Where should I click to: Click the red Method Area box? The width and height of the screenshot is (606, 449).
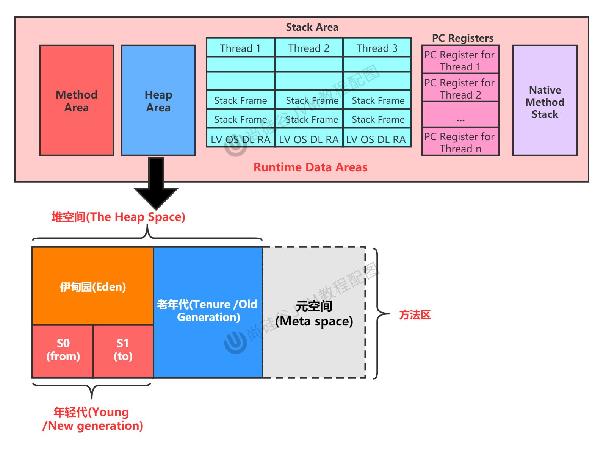77,100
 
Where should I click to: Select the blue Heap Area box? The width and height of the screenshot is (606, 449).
158,100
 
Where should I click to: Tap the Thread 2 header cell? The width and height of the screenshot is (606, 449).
308,48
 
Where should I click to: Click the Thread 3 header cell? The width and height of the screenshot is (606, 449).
377,48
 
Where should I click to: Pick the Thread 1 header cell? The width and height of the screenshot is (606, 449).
240,48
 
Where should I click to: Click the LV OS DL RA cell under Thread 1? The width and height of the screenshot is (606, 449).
240,139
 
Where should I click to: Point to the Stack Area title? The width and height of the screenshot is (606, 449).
312,27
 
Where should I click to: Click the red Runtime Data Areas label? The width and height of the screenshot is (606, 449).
310,167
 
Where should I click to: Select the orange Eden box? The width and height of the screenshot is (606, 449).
93,286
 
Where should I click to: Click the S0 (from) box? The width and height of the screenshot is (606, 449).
63,350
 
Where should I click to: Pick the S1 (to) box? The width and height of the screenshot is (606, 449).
123,350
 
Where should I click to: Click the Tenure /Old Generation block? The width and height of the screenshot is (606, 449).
208,311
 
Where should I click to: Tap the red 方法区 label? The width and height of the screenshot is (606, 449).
415,314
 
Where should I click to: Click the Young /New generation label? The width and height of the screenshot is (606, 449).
92,419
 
